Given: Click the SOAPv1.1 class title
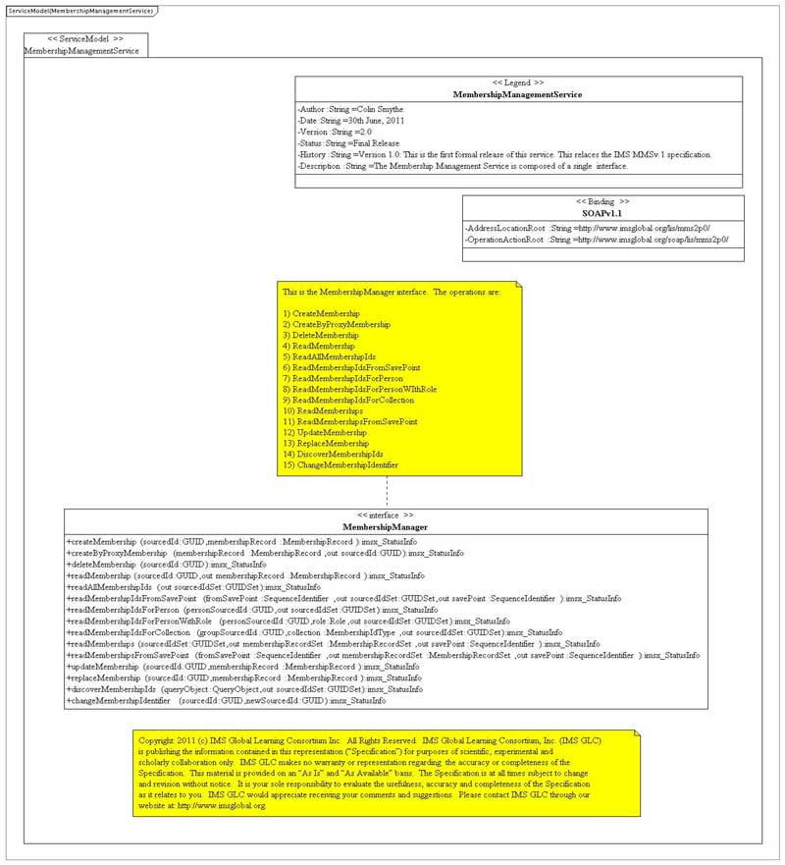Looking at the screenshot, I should coord(602,212).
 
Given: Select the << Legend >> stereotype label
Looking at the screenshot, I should coord(517,83).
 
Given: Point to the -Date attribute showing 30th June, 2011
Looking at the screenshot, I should coord(350,120).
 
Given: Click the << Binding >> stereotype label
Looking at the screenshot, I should coord(602,200).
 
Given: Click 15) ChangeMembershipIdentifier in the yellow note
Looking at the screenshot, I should coord(340,464).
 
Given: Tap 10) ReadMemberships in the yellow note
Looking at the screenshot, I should coord(322,410).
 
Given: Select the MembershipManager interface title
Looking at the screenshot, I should coord(385,527).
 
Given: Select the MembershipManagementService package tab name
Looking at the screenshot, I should coord(80,49).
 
